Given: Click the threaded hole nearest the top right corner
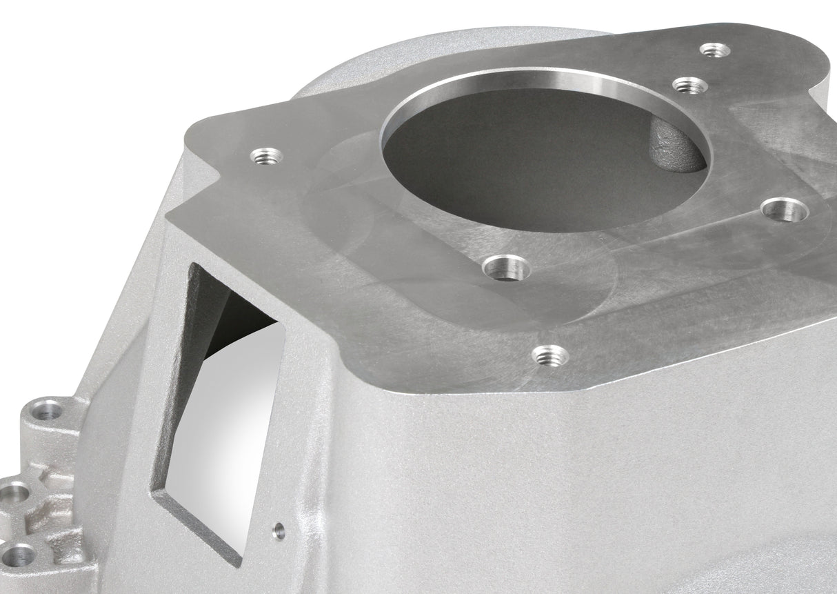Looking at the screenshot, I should pos(714,50).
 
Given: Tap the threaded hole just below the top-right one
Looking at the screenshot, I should pos(689,86).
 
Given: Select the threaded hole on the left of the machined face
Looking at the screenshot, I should pos(266,157).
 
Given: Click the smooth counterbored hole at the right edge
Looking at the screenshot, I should pos(785,210).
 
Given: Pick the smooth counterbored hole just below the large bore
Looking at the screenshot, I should pos(506,267).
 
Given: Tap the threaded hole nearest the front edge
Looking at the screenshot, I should pos(550,356).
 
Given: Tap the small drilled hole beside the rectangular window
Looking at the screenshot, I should pos(278,531).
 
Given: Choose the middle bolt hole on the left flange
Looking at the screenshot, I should pos(14,494).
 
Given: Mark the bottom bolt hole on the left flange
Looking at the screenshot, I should pos(19,554).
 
